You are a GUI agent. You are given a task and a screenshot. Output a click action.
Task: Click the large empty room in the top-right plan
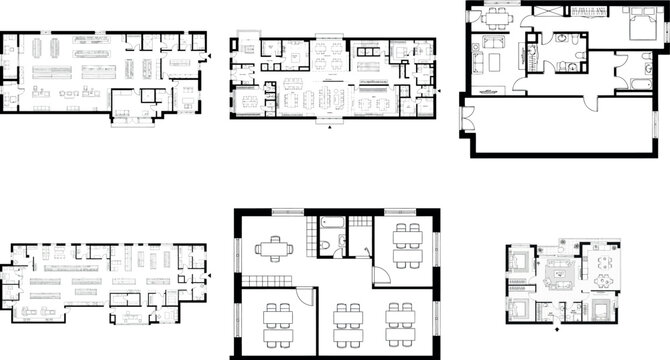(x=560, y=125)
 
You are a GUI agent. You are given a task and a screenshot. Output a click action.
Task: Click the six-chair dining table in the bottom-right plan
(x=604, y=264)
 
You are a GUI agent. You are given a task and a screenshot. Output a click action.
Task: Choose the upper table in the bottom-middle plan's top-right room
(x=407, y=236)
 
